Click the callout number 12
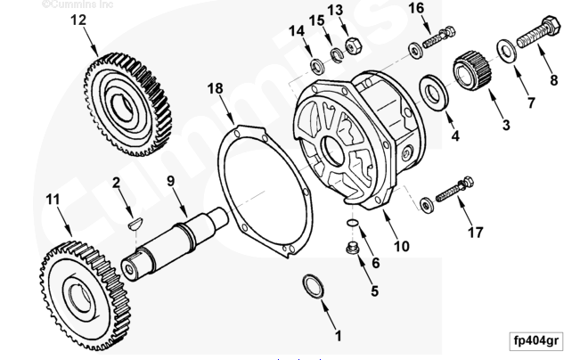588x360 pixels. (78, 18)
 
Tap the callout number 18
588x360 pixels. (215, 88)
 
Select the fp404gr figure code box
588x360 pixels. (536, 340)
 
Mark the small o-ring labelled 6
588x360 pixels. (353, 222)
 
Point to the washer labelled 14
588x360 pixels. (317, 65)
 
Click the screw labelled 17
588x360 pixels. (446, 192)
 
